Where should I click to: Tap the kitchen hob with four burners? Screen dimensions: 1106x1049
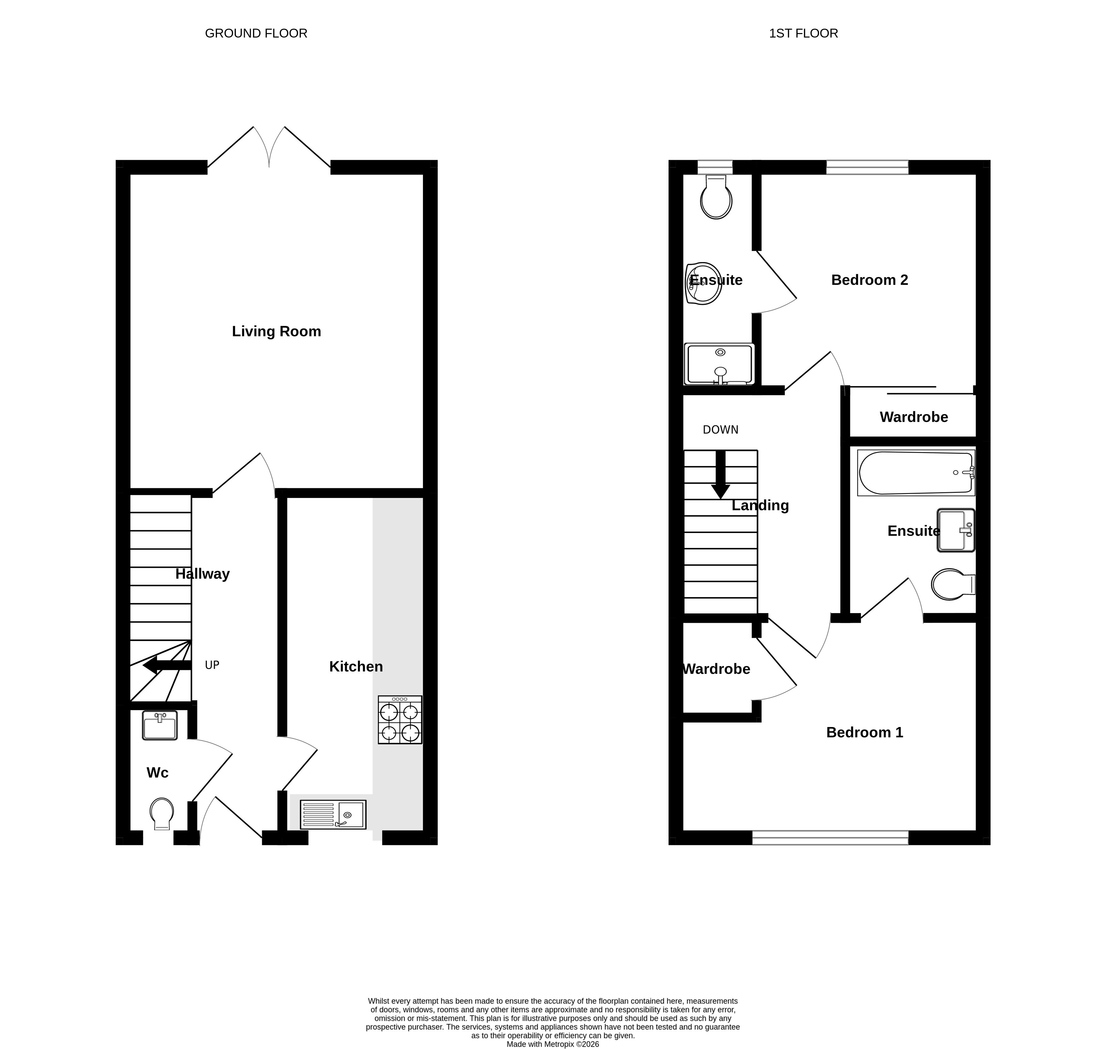(x=400, y=720)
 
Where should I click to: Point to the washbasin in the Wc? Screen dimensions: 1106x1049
(x=160, y=725)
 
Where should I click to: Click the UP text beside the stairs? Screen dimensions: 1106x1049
(x=212, y=665)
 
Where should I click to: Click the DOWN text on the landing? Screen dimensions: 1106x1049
(x=720, y=430)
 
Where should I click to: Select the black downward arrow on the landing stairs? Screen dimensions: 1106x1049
(x=720, y=474)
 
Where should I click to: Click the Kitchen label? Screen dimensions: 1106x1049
(x=356, y=666)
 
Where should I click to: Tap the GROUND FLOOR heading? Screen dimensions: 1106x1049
(x=256, y=33)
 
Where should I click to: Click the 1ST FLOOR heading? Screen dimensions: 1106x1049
(x=804, y=33)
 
